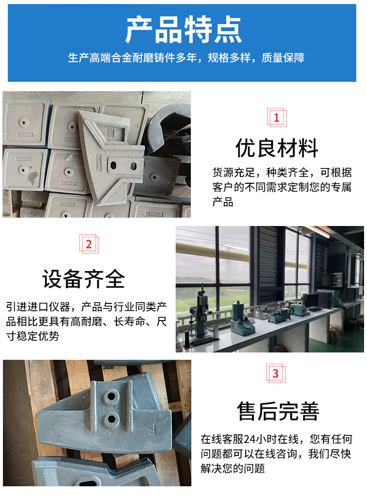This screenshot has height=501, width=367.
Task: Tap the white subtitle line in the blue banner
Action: [186, 58]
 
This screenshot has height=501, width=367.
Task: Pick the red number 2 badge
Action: [89, 244]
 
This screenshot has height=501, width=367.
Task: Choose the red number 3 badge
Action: [275, 373]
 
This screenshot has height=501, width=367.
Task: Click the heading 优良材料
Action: [277, 148]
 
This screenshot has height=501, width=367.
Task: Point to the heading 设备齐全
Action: [84, 278]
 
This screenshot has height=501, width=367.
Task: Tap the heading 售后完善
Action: [278, 411]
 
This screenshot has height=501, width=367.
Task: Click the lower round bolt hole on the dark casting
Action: [112, 417]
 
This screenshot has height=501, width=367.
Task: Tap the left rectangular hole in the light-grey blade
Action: [113, 166]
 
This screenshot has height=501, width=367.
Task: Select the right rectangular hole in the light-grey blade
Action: [134, 166]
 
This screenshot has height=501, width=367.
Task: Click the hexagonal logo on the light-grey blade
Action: [110, 133]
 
